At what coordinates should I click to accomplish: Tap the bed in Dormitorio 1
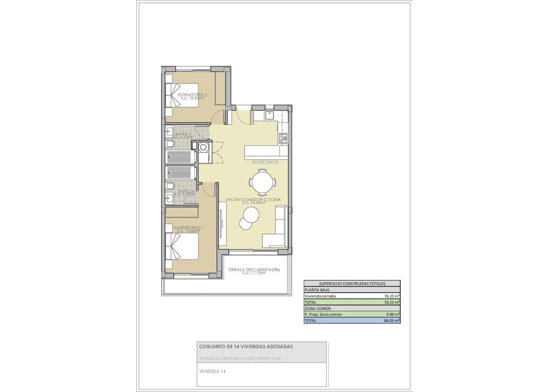[182, 246]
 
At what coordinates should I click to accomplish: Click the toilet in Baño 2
[170, 144]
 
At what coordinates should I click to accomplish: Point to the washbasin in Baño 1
[171, 197]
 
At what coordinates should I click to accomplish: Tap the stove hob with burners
[283, 138]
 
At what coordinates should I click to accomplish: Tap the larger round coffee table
[251, 214]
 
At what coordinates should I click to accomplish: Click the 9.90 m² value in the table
[392, 315]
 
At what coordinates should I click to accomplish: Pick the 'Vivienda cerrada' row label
[320, 296]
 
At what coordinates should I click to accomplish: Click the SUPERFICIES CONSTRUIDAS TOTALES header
[352, 284]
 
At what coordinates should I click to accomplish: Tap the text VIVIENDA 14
[212, 372]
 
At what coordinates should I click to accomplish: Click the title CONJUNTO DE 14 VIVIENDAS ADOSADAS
[246, 346]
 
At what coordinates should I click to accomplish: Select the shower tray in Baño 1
[180, 173]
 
